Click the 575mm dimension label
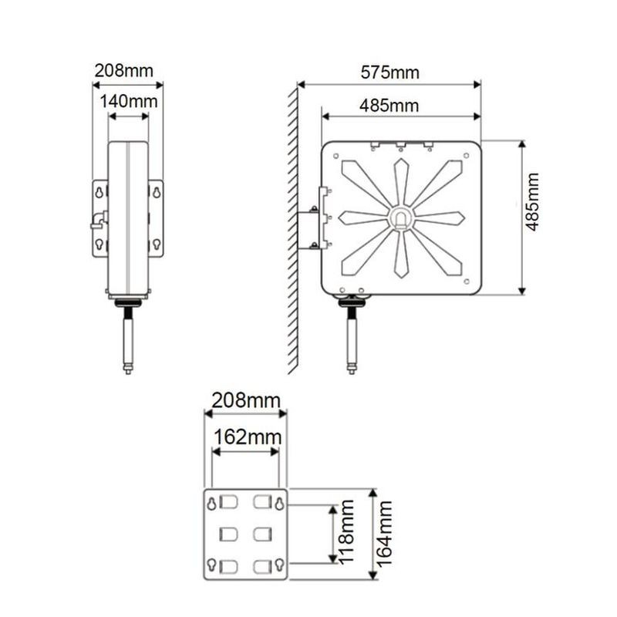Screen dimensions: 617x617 tap(389, 72)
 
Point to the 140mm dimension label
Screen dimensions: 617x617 tap(128, 100)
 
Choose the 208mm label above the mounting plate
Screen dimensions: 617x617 tap(244, 401)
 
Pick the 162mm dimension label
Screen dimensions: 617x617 tap(245, 437)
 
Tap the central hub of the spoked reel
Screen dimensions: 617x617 tap(402, 219)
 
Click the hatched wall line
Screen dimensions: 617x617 tap(293, 231)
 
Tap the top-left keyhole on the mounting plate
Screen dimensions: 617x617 tap(211, 504)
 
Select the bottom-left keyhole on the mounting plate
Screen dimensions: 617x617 tap(211, 565)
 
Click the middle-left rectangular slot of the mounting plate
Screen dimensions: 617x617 tap(229, 534)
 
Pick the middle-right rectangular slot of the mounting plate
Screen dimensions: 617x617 tap(262, 534)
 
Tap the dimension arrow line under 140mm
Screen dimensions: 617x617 tap(128, 116)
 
